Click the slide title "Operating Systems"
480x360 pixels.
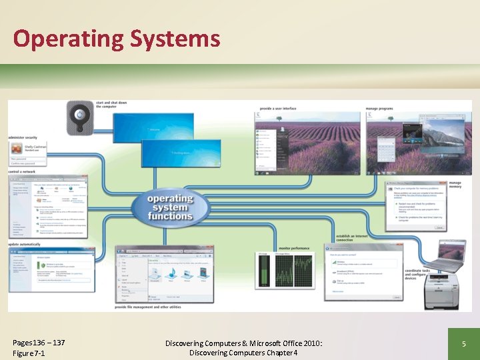[117, 39]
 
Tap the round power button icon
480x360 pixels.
[79, 116]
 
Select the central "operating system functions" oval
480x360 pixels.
[169, 206]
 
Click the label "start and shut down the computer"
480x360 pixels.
[111, 105]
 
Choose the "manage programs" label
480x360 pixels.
[379, 108]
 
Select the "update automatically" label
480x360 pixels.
[25, 245]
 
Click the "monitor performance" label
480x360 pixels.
[293, 248]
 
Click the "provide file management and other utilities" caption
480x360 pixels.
[147, 307]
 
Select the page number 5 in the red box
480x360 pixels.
[463, 344]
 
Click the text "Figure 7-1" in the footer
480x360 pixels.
[29, 353]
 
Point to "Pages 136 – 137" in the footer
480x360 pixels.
[39, 342]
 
